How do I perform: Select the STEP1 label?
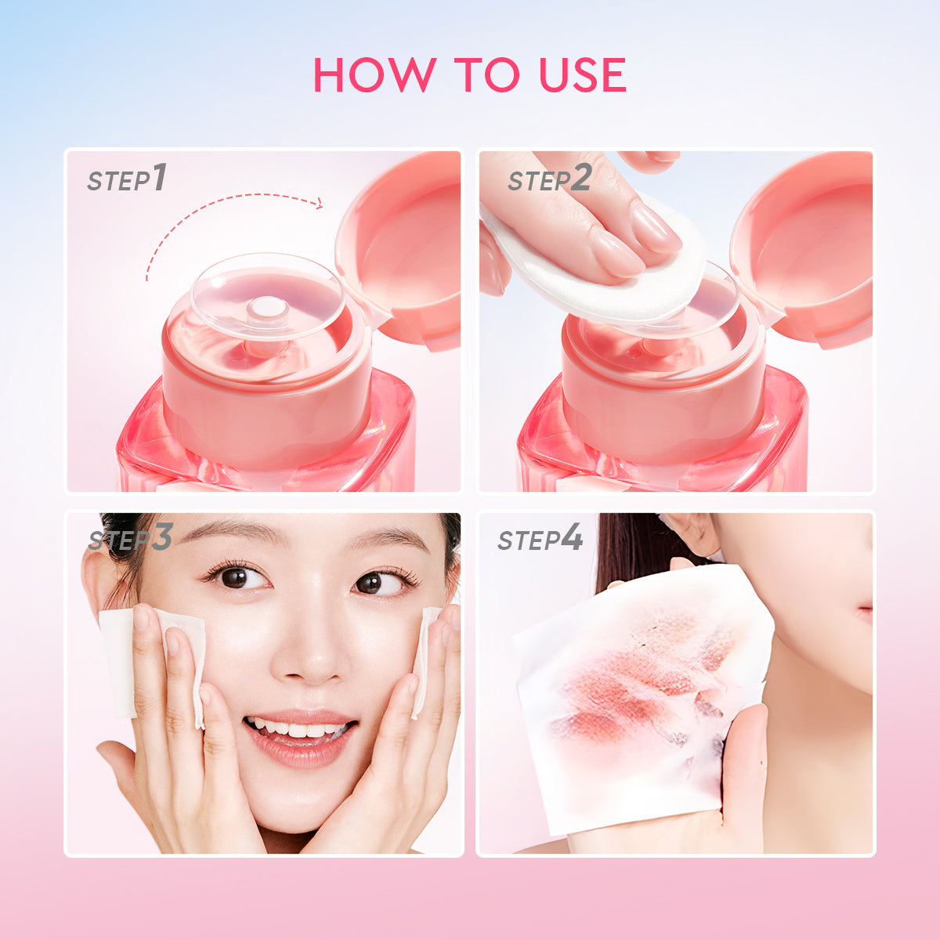[127, 179]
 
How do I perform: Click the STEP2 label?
[548, 179]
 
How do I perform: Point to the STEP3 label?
[130, 539]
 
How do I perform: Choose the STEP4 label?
[540, 539]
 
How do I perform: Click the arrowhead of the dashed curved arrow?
[317, 204]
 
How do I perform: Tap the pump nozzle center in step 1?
[267, 309]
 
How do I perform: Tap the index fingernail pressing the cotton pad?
[655, 226]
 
